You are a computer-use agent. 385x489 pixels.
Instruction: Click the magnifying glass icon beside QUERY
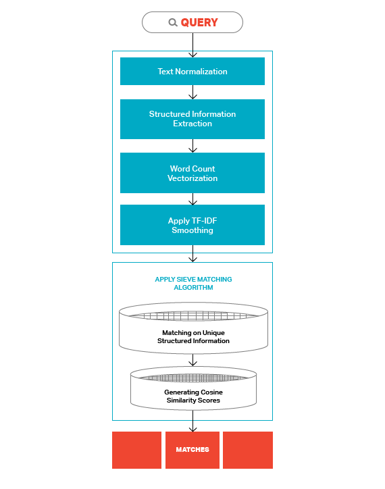pyautogui.click(x=173, y=22)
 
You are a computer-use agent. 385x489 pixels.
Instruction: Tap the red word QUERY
pyautogui.click(x=199, y=22)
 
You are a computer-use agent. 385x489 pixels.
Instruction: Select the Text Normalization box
pyautogui.click(x=192, y=71)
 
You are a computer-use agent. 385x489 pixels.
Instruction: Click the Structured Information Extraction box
pyautogui.click(x=192, y=119)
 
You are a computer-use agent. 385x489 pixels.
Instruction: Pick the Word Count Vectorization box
pyautogui.click(x=192, y=173)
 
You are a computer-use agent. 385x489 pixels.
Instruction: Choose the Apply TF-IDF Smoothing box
pyautogui.click(x=192, y=225)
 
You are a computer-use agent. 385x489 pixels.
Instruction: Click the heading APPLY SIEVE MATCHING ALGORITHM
pyautogui.click(x=193, y=284)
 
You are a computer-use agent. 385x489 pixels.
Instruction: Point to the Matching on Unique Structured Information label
pyautogui.click(x=193, y=337)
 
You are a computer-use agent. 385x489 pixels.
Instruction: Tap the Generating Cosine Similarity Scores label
pyautogui.click(x=193, y=396)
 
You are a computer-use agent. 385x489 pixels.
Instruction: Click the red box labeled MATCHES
pyautogui.click(x=192, y=450)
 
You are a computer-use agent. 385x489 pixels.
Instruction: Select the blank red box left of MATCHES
pyautogui.click(x=136, y=450)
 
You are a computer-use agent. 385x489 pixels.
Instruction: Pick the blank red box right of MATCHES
pyautogui.click(x=248, y=450)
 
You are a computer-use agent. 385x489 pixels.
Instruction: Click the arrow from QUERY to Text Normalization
pyautogui.click(x=192, y=45)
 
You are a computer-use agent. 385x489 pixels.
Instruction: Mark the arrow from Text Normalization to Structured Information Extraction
pyautogui.click(x=192, y=92)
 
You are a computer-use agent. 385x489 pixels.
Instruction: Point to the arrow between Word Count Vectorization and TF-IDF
pyautogui.click(x=192, y=199)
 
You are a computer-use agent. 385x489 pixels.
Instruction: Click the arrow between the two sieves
pyautogui.click(x=192, y=360)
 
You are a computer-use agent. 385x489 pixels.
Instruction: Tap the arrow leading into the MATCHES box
pyautogui.click(x=192, y=421)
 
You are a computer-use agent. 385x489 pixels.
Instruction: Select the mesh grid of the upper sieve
pyautogui.click(x=193, y=315)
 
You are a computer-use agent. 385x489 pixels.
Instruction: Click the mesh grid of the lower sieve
pyautogui.click(x=193, y=378)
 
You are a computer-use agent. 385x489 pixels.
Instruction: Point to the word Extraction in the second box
pyautogui.click(x=192, y=124)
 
